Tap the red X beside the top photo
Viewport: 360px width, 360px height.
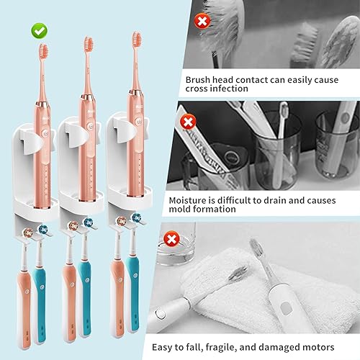coord(202,21)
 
